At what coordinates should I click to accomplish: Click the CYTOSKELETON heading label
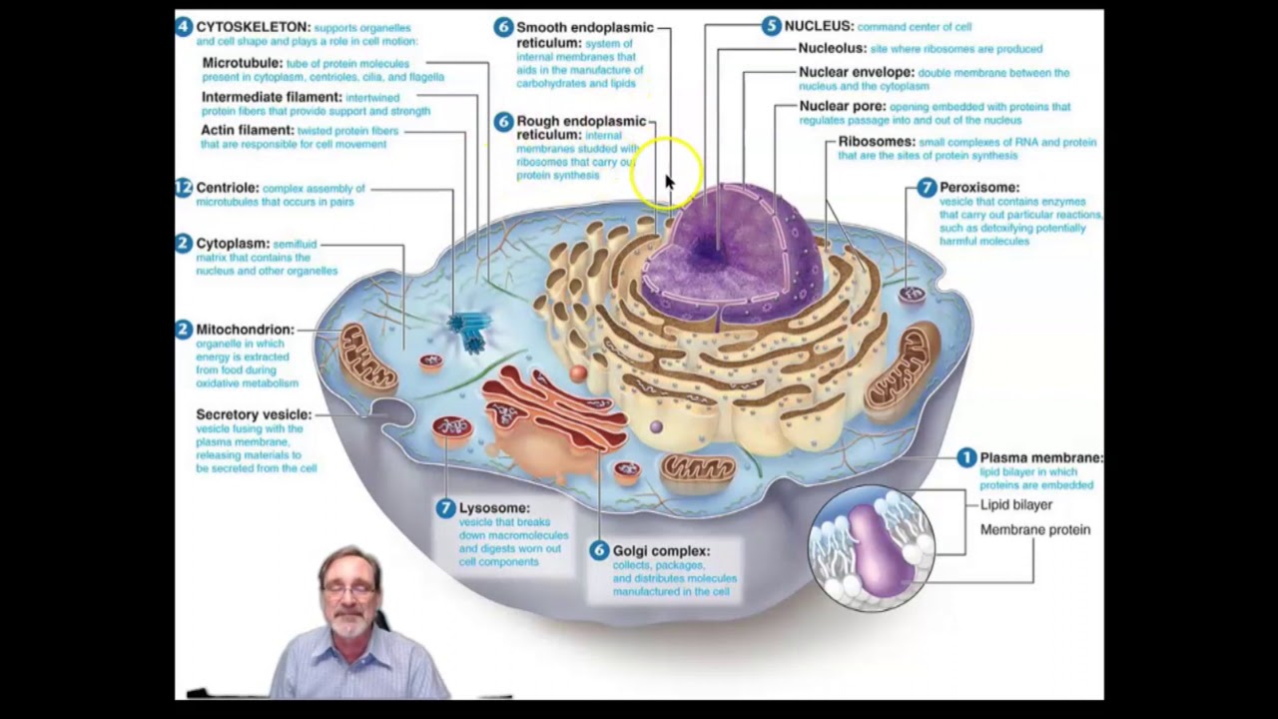click(x=253, y=27)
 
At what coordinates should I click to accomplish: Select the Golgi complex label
click(x=661, y=550)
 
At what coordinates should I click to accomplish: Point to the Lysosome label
click(x=494, y=508)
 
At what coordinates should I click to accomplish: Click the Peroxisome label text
click(x=978, y=187)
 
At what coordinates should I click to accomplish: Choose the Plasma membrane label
click(x=1040, y=457)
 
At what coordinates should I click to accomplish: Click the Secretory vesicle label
click(x=254, y=414)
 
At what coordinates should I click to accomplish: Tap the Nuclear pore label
click(x=842, y=106)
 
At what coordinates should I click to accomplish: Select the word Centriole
click(x=228, y=188)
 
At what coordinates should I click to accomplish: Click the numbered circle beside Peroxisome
click(x=927, y=188)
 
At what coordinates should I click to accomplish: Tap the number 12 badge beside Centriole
click(x=183, y=188)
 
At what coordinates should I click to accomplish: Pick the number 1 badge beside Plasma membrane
click(x=965, y=457)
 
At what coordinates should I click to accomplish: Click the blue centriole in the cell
click(x=468, y=331)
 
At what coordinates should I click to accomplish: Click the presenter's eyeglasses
click(x=350, y=590)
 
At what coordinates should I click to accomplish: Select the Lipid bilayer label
click(x=1015, y=504)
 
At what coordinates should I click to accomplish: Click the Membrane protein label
click(x=1034, y=529)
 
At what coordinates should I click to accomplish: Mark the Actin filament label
click(x=248, y=130)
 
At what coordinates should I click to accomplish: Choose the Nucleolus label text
click(x=832, y=48)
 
